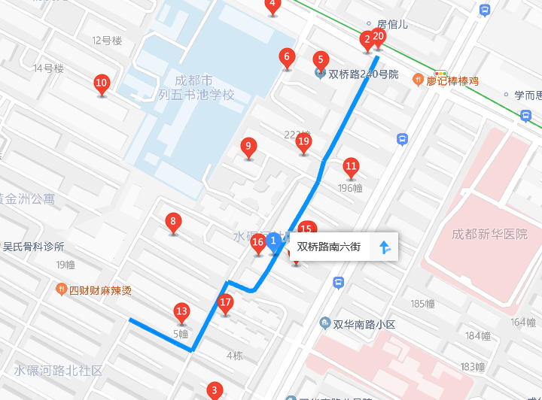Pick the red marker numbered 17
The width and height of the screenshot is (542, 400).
click(x=225, y=304)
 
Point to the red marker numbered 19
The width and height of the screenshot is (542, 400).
click(x=303, y=142)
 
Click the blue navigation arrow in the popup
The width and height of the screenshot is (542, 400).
click(x=384, y=247)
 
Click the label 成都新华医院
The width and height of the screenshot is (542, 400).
click(x=489, y=235)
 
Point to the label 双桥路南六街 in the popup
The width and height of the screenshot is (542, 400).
click(x=329, y=247)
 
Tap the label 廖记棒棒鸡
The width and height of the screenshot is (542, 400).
click(x=452, y=80)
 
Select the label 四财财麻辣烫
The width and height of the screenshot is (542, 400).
click(x=100, y=290)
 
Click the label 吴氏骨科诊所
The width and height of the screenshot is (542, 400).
click(x=34, y=247)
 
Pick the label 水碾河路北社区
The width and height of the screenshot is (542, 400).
click(x=58, y=371)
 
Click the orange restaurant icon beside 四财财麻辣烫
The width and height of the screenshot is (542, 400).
click(x=61, y=289)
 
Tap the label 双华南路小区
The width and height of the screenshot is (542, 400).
click(x=364, y=324)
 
